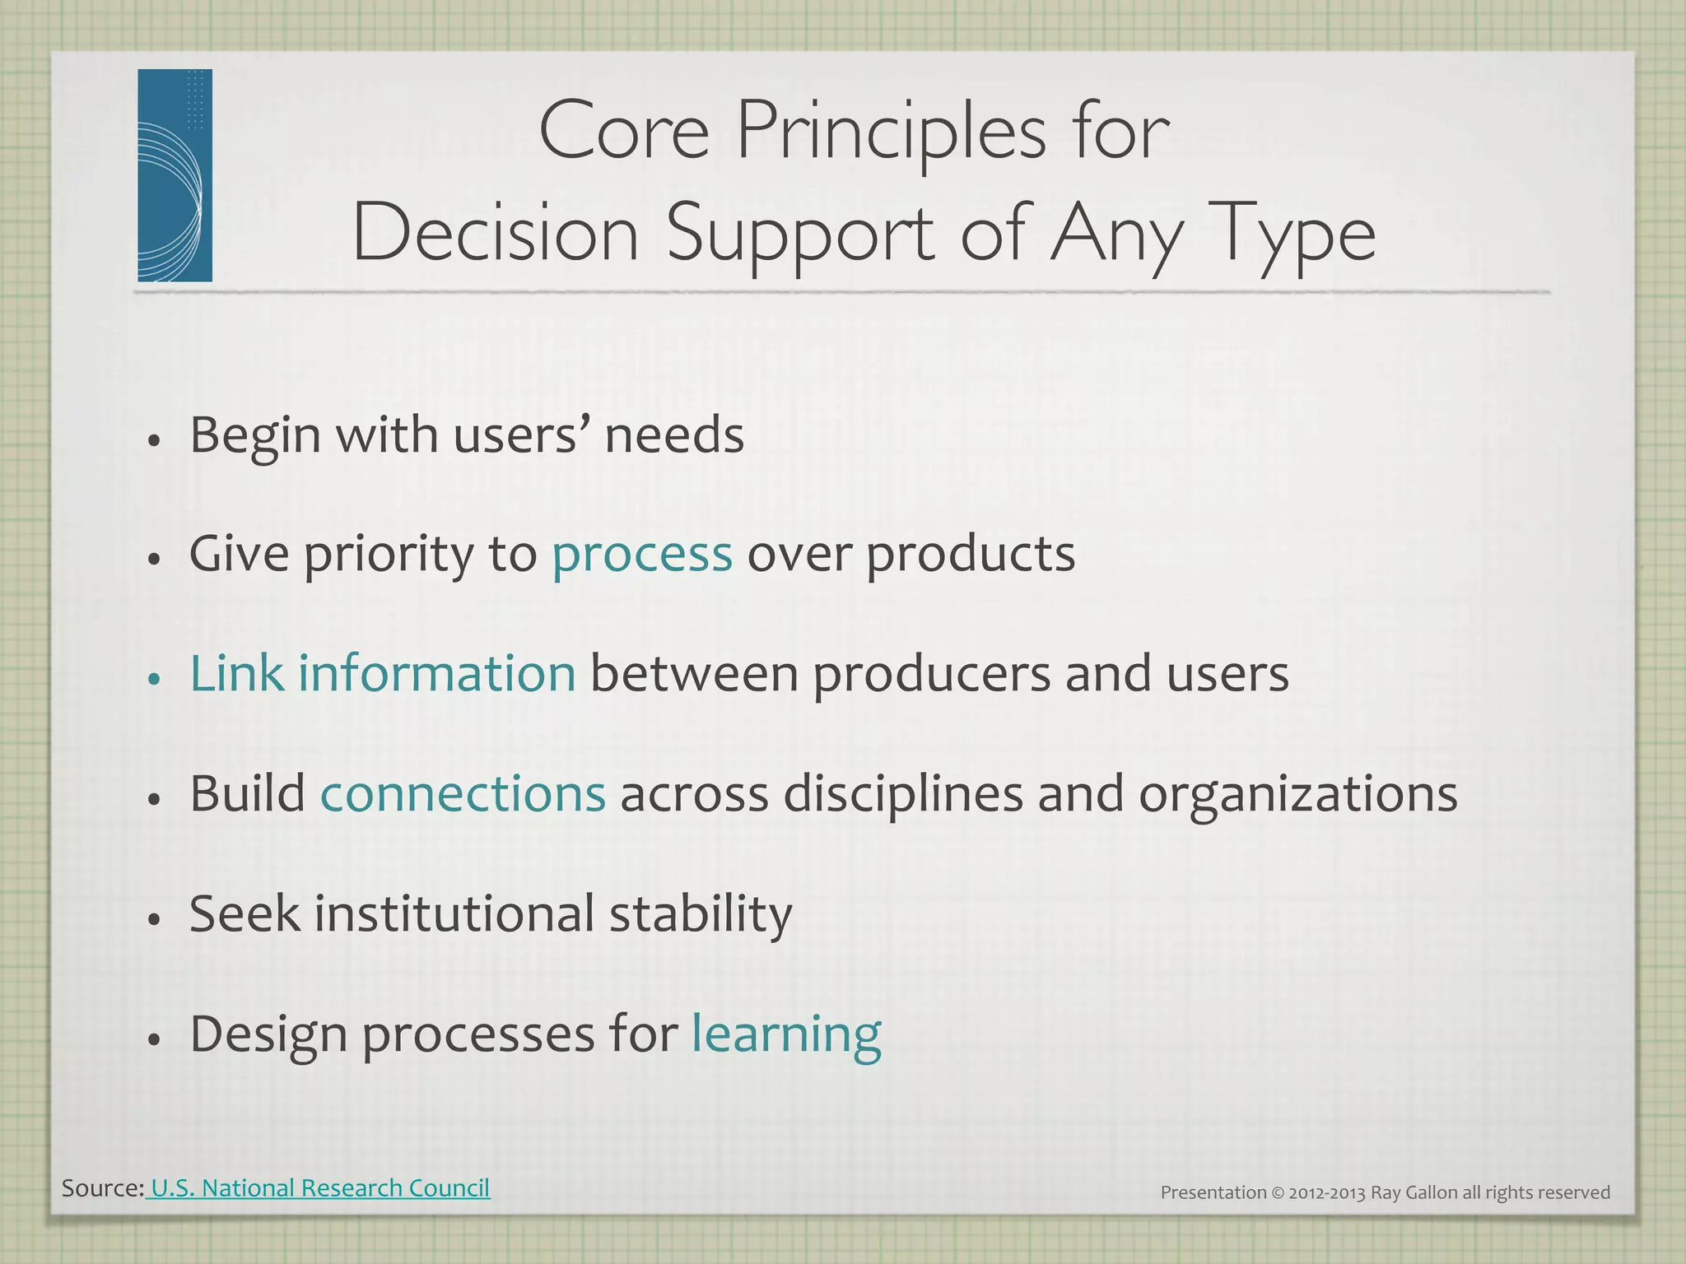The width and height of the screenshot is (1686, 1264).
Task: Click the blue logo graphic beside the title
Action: [x=175, y=175]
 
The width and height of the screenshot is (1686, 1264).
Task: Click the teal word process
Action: [x=641, y=554]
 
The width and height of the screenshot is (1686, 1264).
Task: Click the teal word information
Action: [x=436, y=673]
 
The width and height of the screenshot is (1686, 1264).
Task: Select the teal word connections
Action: [x=463, y=793]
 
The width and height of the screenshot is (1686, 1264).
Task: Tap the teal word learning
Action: [x=786, y=1034]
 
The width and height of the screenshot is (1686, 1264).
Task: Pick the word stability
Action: [x=700, y=914]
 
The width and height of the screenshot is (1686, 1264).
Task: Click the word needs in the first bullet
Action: [x=674, y=434]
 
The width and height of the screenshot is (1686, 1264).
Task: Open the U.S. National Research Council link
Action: [x=320, y=1187]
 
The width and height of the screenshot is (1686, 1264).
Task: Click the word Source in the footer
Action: [x=100, y=1187]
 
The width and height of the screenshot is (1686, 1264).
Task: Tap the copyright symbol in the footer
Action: [x=1278, y=1192]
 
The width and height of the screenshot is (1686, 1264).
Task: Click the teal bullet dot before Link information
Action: [x=153, y=679]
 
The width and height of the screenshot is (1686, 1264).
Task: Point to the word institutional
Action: [x=454, y=914]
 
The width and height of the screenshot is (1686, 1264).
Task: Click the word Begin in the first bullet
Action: [x=254, y=436]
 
